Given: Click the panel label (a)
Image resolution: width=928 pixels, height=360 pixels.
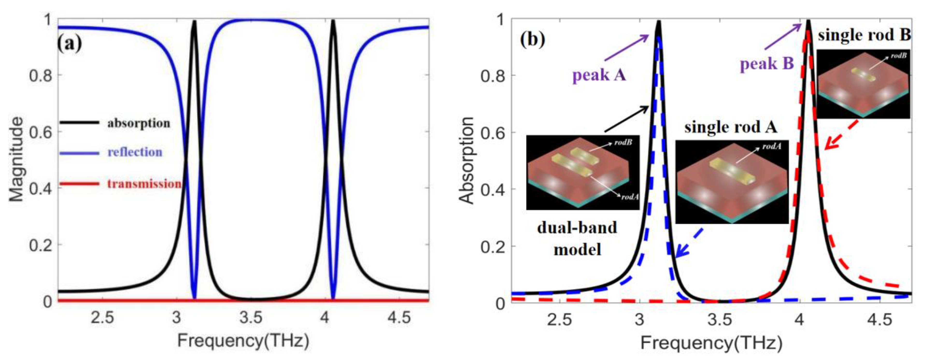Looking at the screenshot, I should pyautogui.click(x=70, y=43).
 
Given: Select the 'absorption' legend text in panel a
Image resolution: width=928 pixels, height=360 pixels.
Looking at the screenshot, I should pyautogui.click(x=139, y=123).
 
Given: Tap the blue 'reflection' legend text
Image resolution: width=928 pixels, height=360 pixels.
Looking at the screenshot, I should pyautogui.click(x=135, y=152).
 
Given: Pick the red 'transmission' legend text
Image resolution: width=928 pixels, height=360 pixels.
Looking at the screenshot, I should pyautogui.click(x=144, y=184).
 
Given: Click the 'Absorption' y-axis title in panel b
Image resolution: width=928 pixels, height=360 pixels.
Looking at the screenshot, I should pyautogui.click(x=467, y=160).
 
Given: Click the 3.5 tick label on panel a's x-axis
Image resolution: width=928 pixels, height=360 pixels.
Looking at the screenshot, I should pyautogui.click(x=251, y=318).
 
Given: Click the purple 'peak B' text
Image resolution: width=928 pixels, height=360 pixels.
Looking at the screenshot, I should pyautogui.click(x=767, y=64).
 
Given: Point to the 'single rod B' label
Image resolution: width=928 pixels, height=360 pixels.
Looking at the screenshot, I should pyautogui.click(x=864, y=35).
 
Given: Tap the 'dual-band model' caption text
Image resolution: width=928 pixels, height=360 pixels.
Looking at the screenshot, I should pyautogui.click(x=577, y=238).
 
